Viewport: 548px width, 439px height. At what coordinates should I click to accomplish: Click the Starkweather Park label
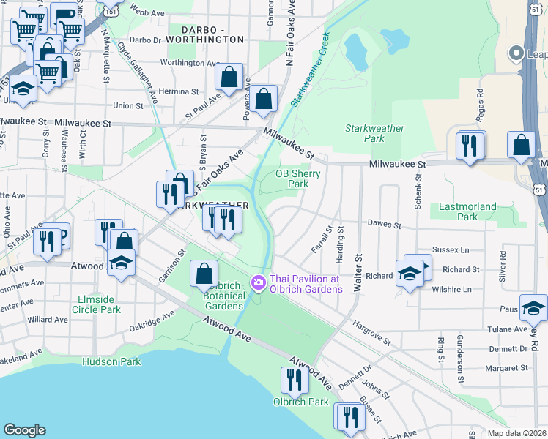[x=374, y=133]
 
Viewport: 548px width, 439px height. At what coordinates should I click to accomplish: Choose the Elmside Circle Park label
[x=96, y=304]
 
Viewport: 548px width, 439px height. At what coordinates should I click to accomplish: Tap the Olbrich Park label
[x=301, y=402]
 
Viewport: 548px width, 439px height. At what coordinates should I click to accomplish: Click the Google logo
[x=24, y=430]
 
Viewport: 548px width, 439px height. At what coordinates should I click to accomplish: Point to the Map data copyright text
[x=517, y=433]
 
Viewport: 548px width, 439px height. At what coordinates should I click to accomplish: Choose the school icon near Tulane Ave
[x=533, y=308]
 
